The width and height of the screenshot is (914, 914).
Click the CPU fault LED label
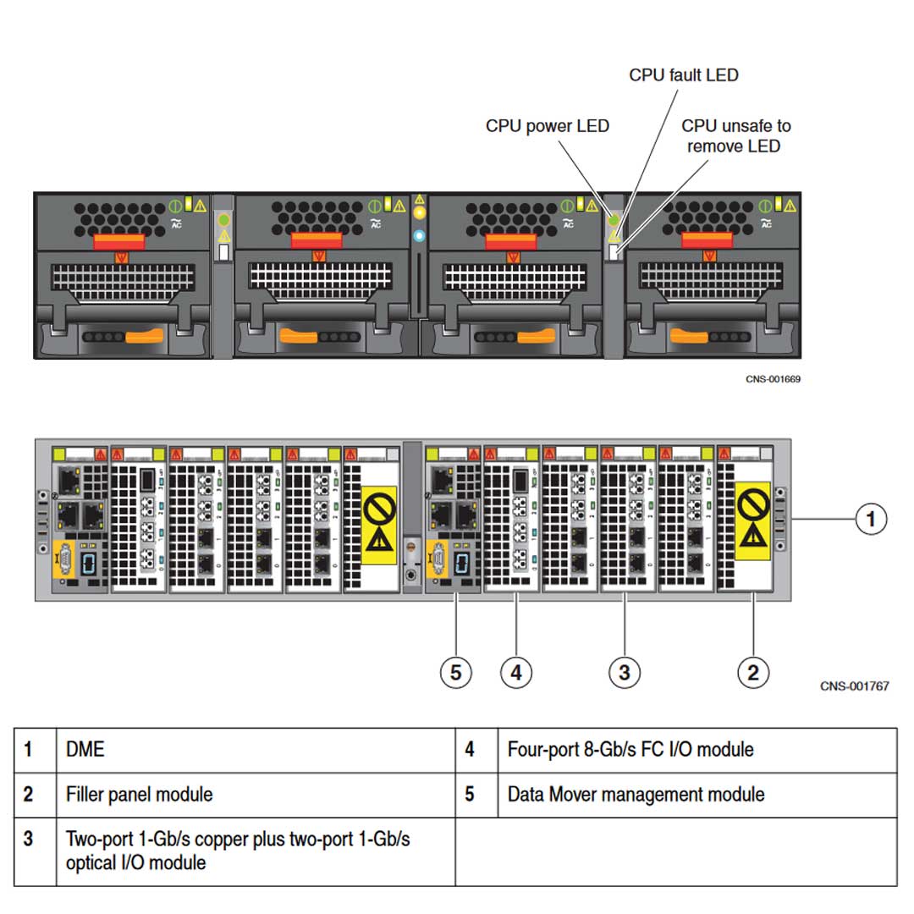(x=683, y=75)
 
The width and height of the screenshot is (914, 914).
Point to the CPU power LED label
(x=547, y=126)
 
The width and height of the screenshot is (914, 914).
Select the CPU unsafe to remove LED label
(x=735, y=135)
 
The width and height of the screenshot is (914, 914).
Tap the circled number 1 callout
(x=871, y=518)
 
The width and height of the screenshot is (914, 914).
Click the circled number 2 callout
(x=752, y=673)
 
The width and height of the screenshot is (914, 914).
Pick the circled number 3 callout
(x=624, y=673)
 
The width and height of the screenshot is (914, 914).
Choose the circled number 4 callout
(x=516, y=673)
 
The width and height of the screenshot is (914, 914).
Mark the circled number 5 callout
(x=456, y=673)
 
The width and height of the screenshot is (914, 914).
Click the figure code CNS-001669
(x=773, y=378)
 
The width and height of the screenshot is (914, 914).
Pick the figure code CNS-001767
(x=854, y=686)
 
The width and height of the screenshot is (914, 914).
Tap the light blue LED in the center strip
(x=418, y=235)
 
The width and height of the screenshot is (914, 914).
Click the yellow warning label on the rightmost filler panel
(x=752, y=520)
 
